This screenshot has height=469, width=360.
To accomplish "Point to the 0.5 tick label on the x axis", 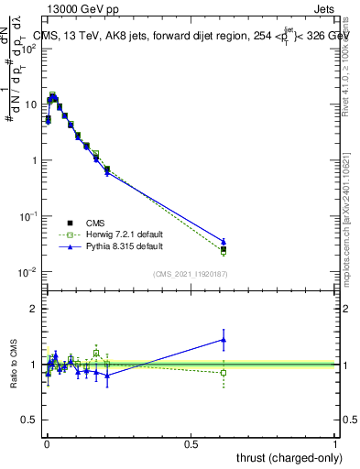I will point(191,442).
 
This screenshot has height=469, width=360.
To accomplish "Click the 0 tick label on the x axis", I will point(47,442).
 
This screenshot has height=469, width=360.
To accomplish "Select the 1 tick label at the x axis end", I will point(335,442).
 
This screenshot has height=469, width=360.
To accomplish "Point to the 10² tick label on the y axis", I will point(29,49).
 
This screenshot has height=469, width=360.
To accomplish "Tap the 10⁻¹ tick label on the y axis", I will point(29,216).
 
